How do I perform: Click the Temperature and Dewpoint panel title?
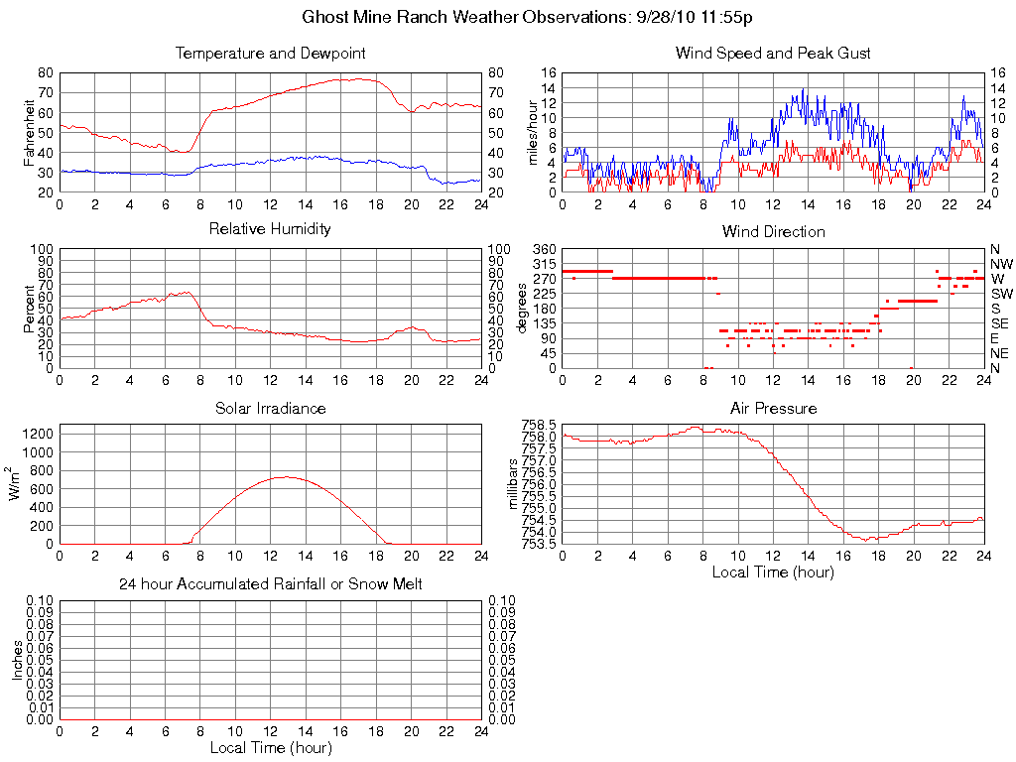point(270,53)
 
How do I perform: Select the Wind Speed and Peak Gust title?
point(773,53)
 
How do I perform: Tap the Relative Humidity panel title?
point(270,229)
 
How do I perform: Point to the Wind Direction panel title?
point(773,231)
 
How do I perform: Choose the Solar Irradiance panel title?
point(270,408)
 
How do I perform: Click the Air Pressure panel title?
point(773,408)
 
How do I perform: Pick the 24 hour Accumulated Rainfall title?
point(270,584)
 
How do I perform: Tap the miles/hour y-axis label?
point(533,132)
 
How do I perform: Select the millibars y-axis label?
point(514,485)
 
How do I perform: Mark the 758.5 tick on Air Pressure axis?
point(539,424)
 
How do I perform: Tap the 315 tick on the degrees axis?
point(544,264)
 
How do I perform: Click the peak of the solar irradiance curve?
point(286,476)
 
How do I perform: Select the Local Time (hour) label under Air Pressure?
point(773,571)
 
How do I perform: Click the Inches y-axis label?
point(18,659)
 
